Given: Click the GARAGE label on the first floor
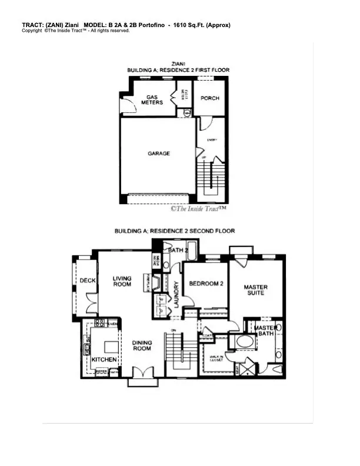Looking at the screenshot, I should pos(158,154).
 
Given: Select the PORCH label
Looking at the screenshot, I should pos(209,98).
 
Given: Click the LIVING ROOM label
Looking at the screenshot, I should pos(122,281).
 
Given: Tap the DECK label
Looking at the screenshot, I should pos(88,281).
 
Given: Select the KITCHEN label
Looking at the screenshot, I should pos(104,359).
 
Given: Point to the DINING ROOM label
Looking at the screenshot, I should pos(142,345).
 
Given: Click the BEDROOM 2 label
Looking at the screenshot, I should pos(205,284).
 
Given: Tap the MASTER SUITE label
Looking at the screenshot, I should pos(255,290).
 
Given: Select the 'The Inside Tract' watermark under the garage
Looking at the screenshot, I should pos(198,208).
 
